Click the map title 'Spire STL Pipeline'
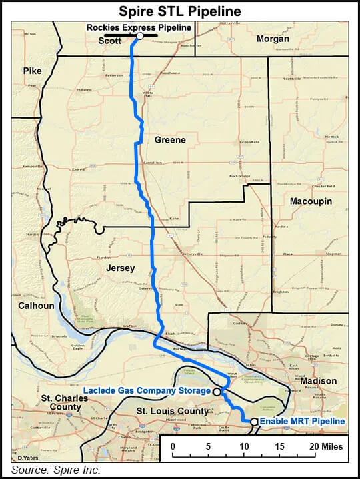[179, 11]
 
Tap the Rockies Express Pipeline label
[139, 27]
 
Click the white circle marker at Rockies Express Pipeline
[140, 37]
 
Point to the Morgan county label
[273, 39]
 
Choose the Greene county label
[170, 140]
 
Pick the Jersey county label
[120, 268]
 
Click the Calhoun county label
[36, 306]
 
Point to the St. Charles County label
[61, 402]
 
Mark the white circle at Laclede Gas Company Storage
[217, 392]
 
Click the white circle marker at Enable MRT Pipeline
[254, 421]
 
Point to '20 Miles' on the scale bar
[324, 446]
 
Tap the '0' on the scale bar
[173, 446]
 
